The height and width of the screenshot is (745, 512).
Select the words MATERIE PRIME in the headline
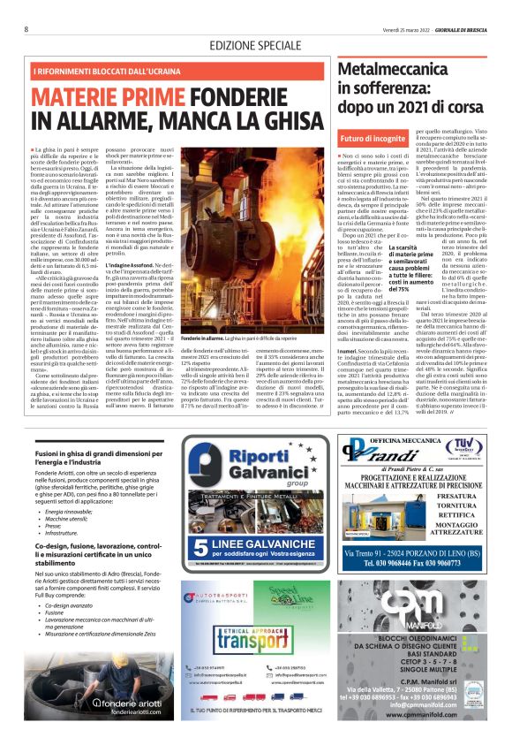96,95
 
